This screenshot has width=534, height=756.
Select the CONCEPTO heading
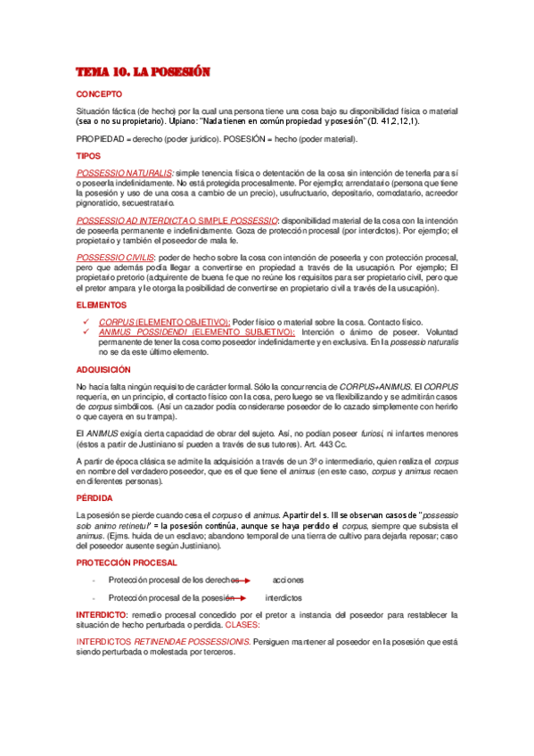click(x=99, y=94)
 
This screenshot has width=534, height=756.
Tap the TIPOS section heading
click(x=89, y=155)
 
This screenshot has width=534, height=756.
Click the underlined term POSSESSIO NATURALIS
click(x=125, y=171)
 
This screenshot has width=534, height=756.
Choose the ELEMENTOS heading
click(x=102, y=305)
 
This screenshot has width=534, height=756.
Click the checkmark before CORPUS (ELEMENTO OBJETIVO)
click(x=84, y=321)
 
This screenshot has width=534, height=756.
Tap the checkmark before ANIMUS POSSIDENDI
click(x=84, y=332)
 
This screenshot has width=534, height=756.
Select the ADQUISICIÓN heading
click(x=103, y=368)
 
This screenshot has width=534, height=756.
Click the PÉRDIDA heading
click(x=94, y=499)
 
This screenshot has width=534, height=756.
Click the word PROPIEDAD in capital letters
click(x=103, y=139)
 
